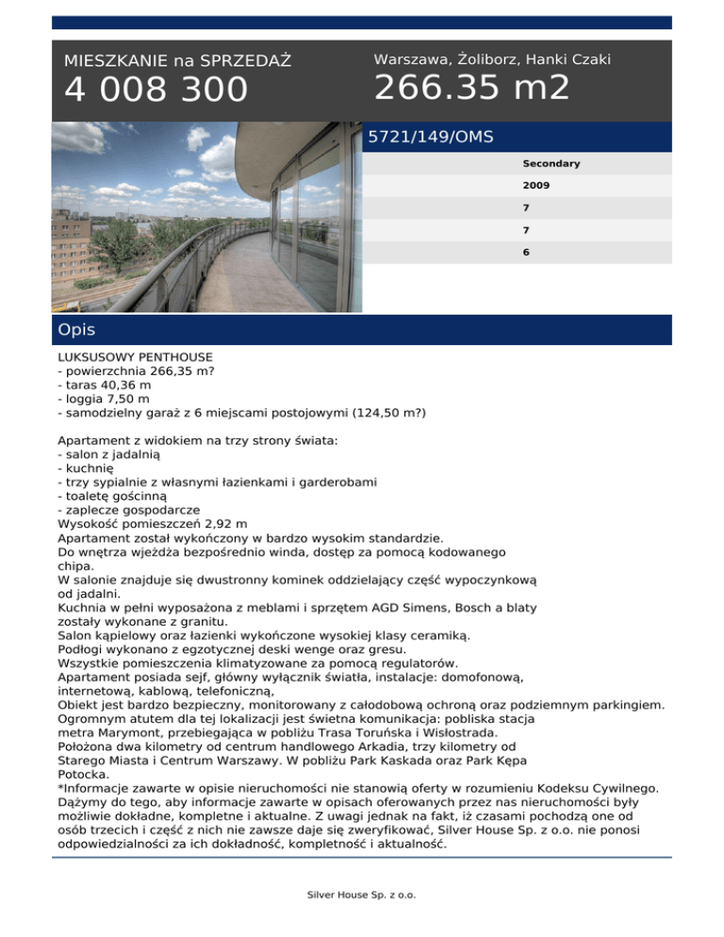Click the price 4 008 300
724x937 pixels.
click(x=156, y=90)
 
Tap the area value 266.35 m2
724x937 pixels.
click(x=471, y=89)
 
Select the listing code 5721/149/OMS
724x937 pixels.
click(x=431, y=138)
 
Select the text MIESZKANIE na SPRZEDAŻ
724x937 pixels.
click(x=177, y=61)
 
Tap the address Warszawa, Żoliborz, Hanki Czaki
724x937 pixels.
click(x=492, y=59)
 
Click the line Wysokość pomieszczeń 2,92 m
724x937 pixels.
click(x=153, y=523)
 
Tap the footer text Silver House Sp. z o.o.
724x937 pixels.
click(x=362, y=895)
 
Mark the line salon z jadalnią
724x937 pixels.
click(x=110, y=454)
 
